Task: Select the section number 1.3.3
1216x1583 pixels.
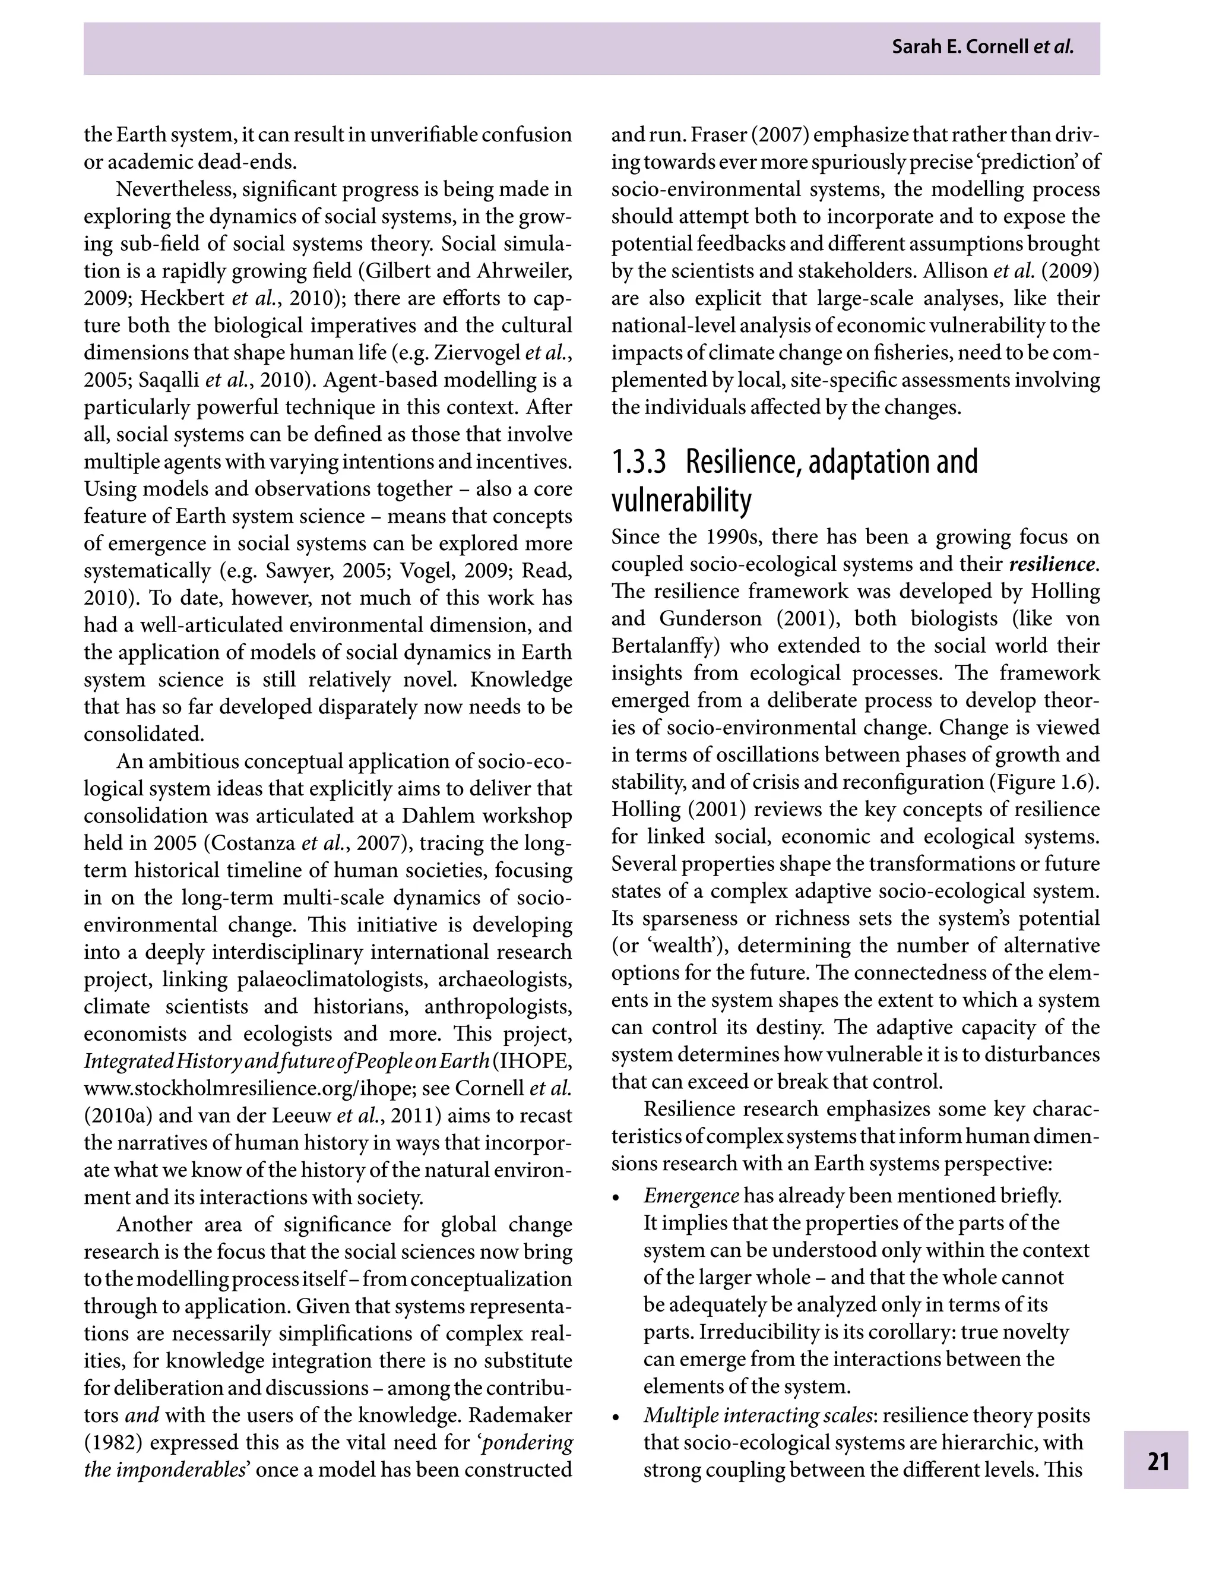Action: click(638, 462)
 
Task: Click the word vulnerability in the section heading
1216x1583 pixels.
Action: click(681, 500)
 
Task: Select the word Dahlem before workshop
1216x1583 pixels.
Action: click(433, 816)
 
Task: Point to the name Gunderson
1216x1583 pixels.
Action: click(710, 618)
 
